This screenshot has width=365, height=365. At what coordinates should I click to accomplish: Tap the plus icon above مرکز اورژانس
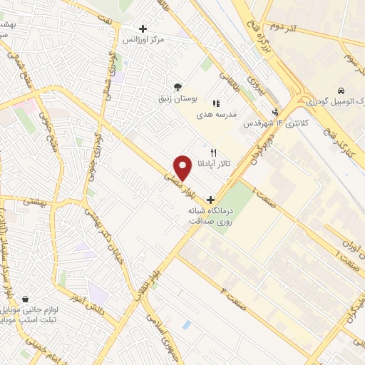click(143, 29)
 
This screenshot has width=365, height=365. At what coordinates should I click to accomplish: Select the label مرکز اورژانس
click(145, 40)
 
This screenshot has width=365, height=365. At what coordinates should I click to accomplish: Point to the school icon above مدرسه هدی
click(216, 104)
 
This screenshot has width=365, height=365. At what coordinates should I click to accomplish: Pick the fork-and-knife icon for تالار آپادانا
click(212, 153)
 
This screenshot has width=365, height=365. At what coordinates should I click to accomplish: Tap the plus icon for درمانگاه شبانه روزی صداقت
click(209, 200)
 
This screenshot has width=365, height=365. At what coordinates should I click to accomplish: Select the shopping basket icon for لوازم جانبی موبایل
click(26, 299)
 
